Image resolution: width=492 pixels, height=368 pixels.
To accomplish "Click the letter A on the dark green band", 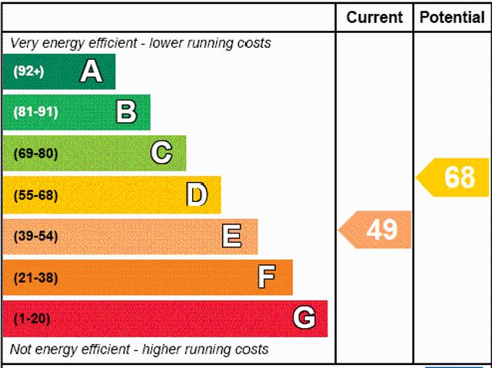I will click(x=91, y=71).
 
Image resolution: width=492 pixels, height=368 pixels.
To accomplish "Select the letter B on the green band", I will click(x=127, y=112).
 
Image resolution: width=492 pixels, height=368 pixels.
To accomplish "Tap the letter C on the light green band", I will click(x=161, y=153).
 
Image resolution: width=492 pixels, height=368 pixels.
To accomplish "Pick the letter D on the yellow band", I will click(x=197, y=195).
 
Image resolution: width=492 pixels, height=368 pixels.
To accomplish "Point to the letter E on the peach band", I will click(x=231, y=236).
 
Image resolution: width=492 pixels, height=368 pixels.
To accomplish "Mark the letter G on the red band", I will click(x=304, y=318).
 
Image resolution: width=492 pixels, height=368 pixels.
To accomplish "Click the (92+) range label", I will click(x=29, y=72).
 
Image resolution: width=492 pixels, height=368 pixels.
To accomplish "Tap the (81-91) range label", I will click(x=35, y=113).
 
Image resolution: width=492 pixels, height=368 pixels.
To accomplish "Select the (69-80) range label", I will click(x=35, y=154).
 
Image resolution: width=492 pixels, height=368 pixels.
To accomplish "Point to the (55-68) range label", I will click(x=35, y=195).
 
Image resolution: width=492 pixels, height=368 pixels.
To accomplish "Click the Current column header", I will click(x=374, y=17).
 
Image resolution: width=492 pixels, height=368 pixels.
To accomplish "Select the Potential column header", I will click(x=452, y=17).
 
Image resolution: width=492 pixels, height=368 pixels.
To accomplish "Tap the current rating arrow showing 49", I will click(x=376, y=230).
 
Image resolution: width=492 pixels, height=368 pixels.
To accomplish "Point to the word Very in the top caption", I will click(x=24, y=43).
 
